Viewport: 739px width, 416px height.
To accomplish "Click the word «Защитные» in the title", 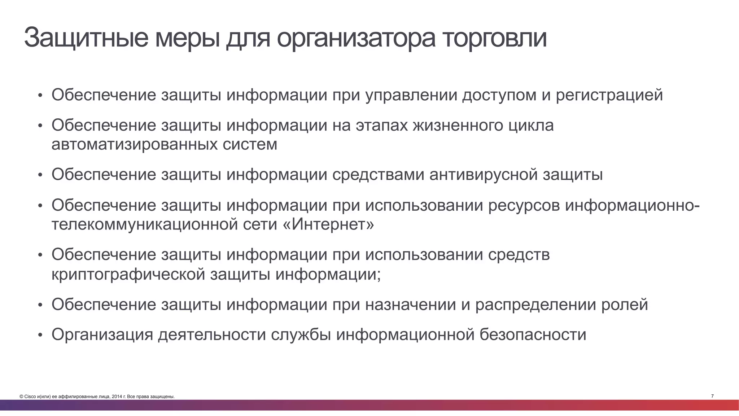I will pos(86,38).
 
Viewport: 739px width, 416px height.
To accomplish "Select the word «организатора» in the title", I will pos(356,38).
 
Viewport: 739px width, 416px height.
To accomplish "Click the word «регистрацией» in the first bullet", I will pos(609,95).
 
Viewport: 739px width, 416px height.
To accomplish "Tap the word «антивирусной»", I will pos(483,175).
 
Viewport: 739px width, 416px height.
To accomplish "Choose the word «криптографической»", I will pos(128,274).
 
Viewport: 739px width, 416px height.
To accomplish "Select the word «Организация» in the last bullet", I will pos(102,334).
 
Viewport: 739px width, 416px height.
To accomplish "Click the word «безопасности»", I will pos(533,334).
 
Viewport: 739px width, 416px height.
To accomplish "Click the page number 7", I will pos(712,396).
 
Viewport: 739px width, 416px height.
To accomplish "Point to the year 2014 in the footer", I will pos(116,397).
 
